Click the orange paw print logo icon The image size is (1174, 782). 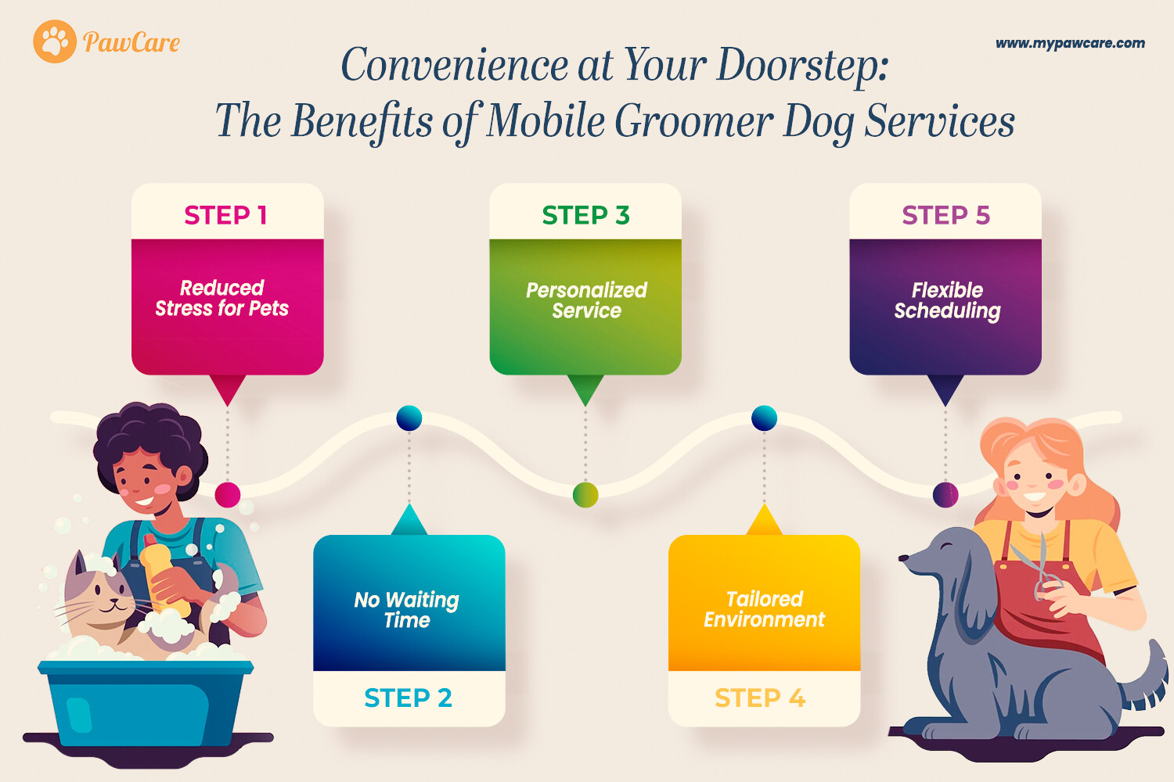(55, 41)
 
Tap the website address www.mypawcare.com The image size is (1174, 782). (1070, 44)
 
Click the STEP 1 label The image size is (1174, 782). (226, 215)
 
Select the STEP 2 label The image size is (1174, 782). (409, 698)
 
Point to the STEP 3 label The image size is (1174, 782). (586, 215)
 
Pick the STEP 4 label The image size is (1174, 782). (761, 698)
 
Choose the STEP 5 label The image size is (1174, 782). (946, 215)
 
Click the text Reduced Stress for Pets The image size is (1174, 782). (222, 298)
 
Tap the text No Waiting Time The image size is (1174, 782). (407, 610)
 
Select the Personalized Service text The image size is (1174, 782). (586, 300)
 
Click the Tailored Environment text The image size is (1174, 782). (764, 609)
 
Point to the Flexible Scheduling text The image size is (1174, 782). (948, 300)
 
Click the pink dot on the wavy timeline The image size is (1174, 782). (228, 494)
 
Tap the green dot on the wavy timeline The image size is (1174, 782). (585, 494)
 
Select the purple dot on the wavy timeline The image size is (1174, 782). (945, 494)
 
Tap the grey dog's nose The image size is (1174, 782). (903, 558)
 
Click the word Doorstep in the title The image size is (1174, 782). (802, 66)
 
